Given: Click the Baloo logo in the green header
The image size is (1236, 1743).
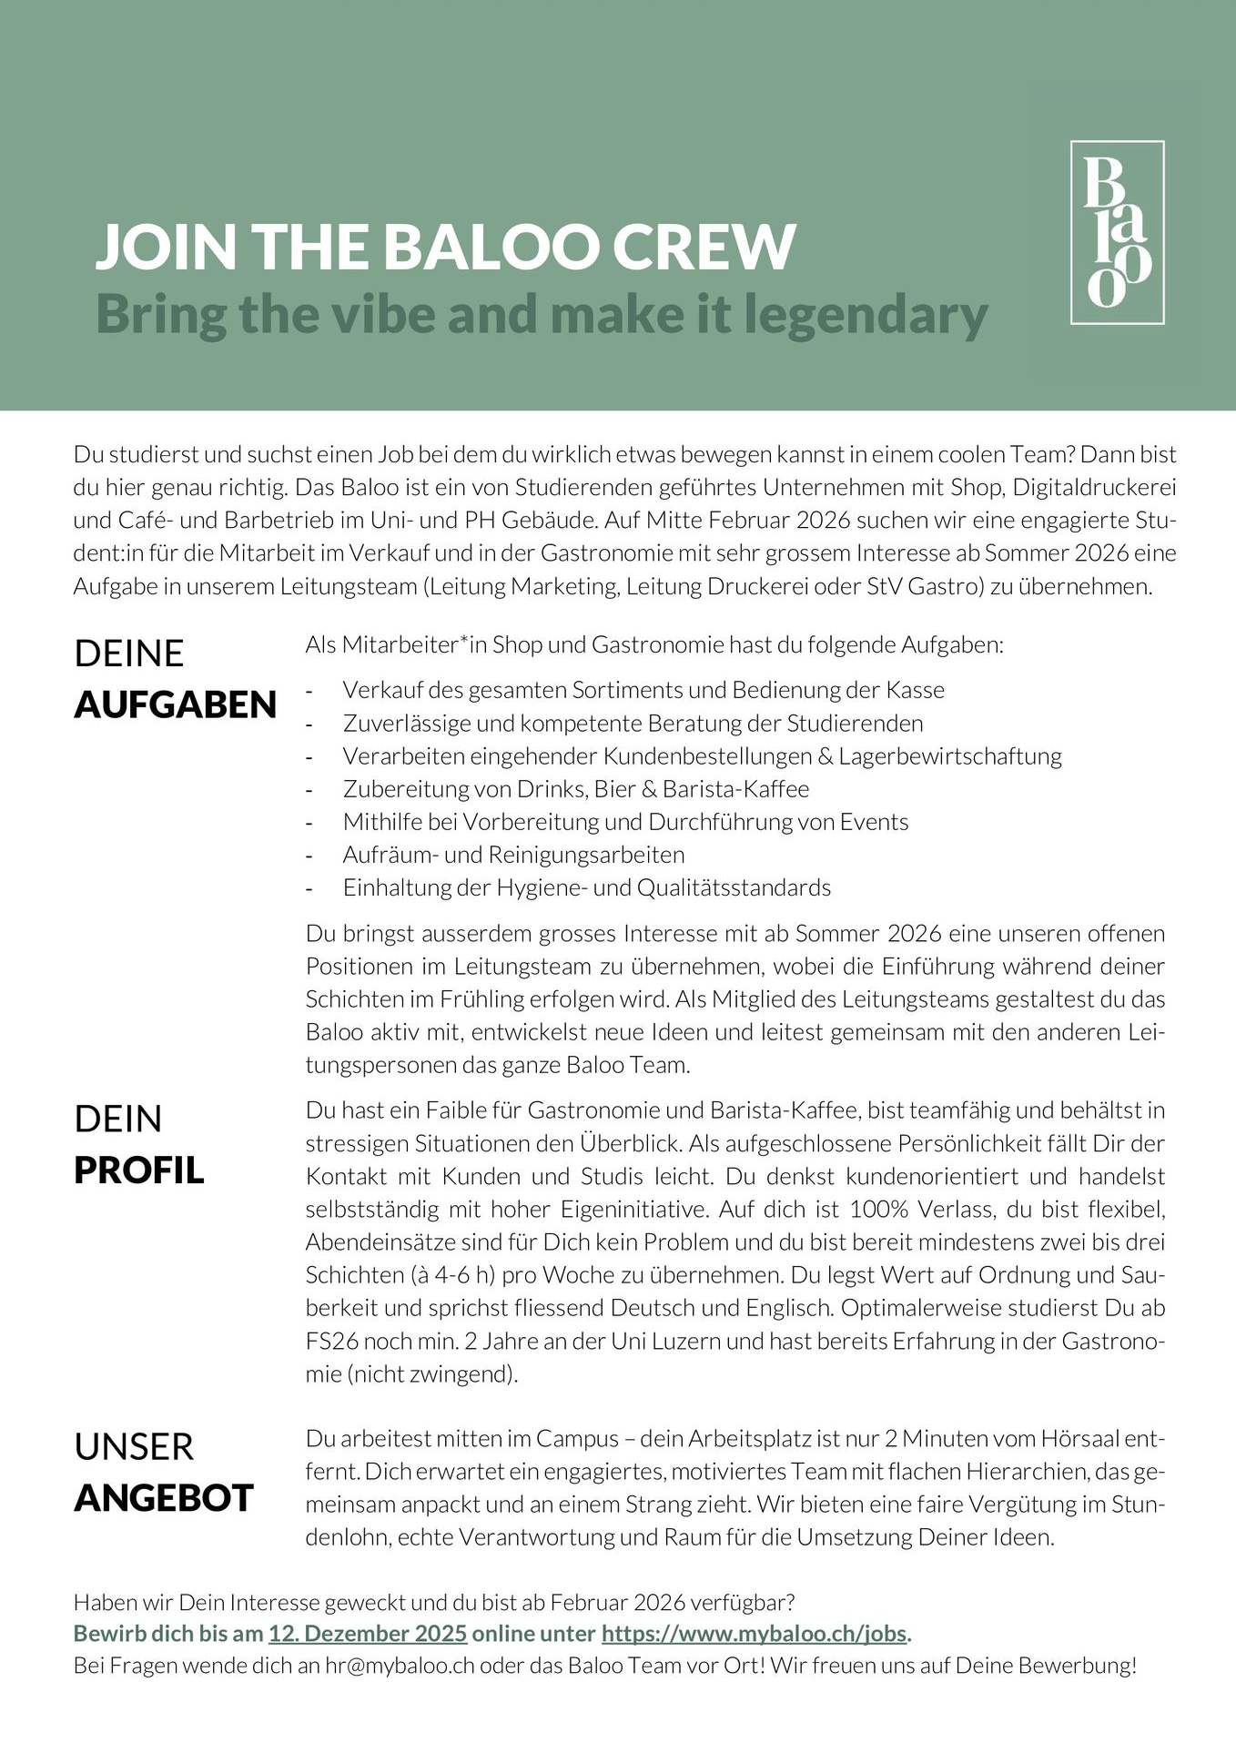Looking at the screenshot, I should click(1117, 232).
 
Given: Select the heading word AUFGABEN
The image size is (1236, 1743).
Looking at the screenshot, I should click(175, 704).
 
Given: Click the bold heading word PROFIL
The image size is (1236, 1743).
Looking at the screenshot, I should click(138, 1170).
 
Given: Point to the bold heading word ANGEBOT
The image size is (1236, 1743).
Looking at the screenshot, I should click(163, 1498).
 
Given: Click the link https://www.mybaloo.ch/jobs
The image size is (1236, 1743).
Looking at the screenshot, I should click(755, 1633).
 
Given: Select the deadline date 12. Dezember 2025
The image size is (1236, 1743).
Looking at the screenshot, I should click(368, 1633).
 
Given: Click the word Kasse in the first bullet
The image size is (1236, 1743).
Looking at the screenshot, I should click(915, 690).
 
